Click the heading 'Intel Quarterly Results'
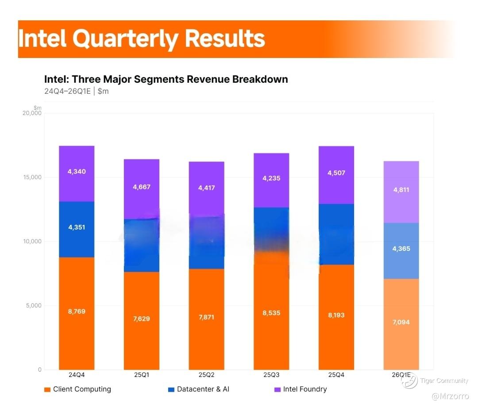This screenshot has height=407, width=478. [142, 39]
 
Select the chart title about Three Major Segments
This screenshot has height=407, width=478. [166, 79]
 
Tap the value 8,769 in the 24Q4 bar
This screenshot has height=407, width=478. [77, 311]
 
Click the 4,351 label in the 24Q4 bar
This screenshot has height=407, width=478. [77, 227]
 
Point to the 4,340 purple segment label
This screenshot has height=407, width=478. [77, 172]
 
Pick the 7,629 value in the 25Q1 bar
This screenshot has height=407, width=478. [142, 319]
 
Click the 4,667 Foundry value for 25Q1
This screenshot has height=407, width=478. [142, 187]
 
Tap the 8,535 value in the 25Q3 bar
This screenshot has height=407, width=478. [271, 313]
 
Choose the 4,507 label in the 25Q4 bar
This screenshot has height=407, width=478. [336, 173]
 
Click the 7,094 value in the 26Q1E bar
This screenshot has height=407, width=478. [401, 322]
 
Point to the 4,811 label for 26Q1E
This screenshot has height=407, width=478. [401, 190]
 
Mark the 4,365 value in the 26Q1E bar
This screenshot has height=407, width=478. [401, 249]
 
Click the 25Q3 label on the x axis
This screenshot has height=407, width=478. [271, 375]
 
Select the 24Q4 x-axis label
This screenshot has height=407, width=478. [77, 375]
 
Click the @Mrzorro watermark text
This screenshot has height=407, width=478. [451, 396]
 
